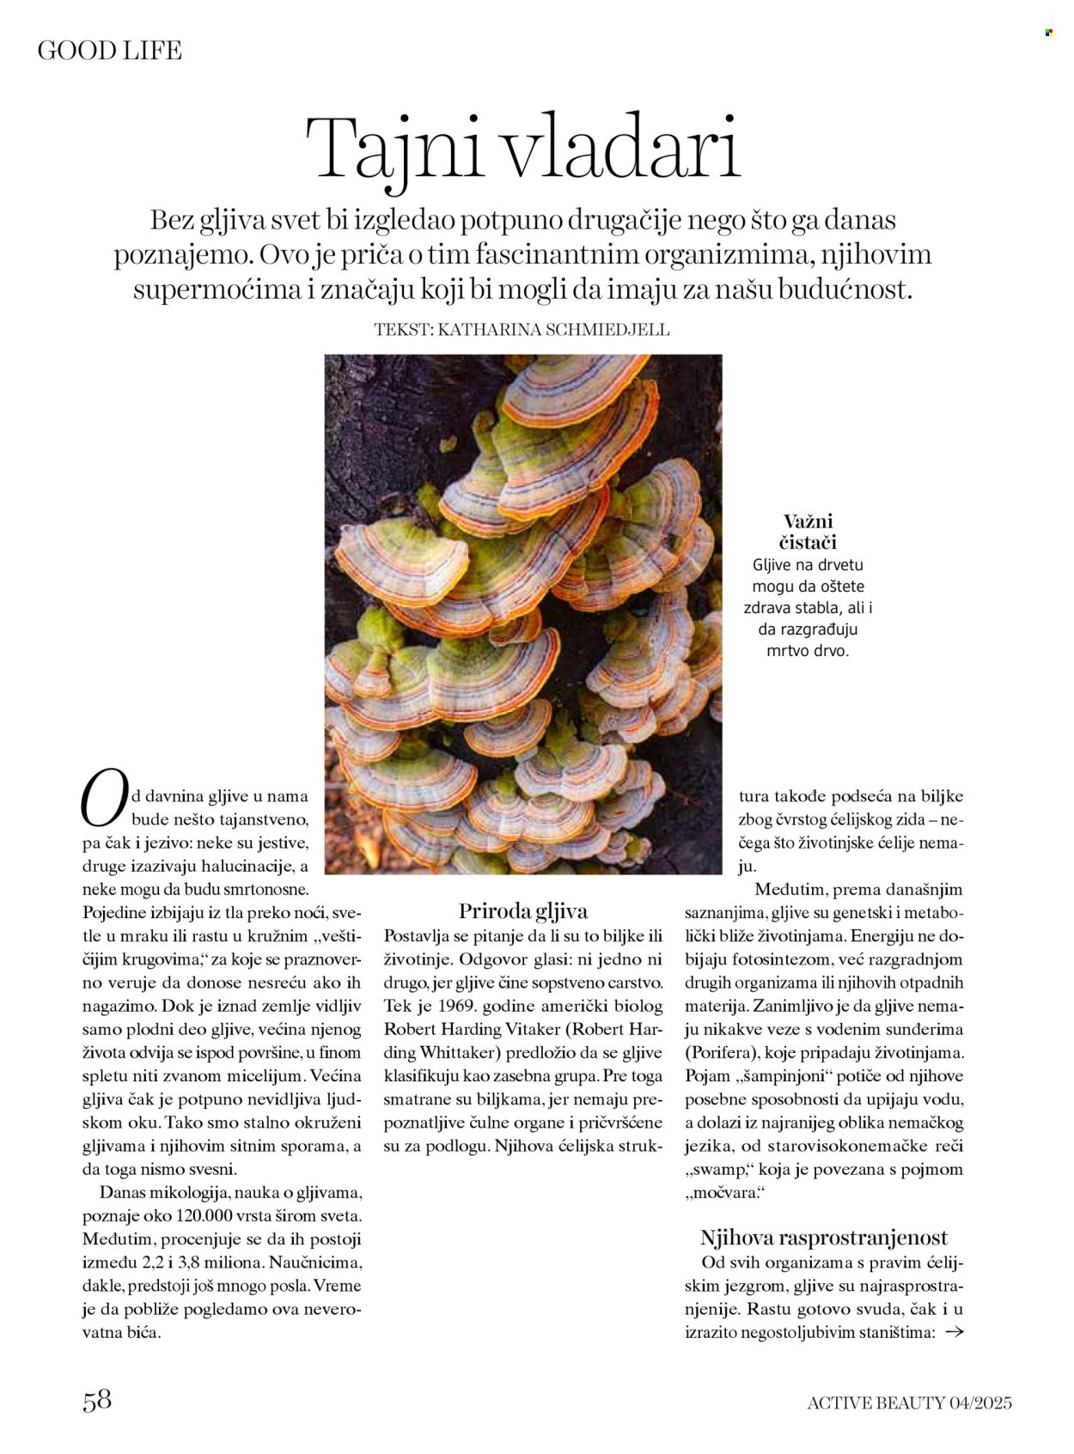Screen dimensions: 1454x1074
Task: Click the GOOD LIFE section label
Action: (109, 51)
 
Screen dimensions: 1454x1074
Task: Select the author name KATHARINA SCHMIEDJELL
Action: (553, 330)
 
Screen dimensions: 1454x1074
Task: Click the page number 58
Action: (97, 1400)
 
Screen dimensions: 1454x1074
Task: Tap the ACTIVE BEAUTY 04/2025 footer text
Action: (909, 1403)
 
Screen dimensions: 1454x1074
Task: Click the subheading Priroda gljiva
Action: (522, 911)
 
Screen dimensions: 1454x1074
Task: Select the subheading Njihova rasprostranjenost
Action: (823, 1238)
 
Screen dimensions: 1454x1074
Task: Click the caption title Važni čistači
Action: (808, 532)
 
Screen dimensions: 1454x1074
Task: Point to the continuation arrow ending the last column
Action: (954, 1333)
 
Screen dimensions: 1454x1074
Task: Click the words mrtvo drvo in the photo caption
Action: (807, 651)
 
